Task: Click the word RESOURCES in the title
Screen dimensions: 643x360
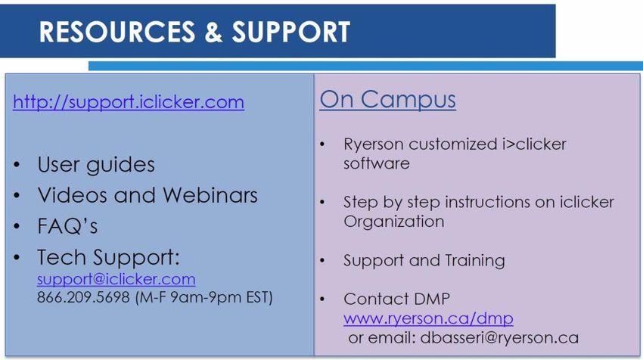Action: point(116,32)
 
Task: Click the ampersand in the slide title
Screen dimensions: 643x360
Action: point(213,32)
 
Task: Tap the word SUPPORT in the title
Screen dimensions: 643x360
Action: point(290,32)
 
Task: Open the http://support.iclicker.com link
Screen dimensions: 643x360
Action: point(129,102)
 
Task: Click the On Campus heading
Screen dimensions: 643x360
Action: point(387,100)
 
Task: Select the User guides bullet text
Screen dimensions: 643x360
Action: point(96,165)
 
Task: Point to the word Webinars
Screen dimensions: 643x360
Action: point(210,195)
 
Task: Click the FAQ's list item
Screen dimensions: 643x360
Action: point(67,225)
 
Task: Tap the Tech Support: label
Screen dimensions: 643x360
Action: point(108,257)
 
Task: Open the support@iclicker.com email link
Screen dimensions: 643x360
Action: point(116,279)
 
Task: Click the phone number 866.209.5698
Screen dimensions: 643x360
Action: point(83,297)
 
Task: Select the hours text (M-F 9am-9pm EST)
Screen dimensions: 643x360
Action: point(203,297)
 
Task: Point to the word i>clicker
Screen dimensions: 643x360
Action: point(534,144)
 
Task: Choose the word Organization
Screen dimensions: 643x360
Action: point(393,222)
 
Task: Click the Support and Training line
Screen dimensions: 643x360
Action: point(424,261)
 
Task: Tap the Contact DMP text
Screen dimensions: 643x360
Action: point(396,299)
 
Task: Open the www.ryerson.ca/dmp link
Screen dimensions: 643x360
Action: point(428,318)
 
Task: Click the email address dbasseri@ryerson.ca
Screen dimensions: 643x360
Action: point(499,337)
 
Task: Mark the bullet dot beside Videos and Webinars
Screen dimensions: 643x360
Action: point(17,196)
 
